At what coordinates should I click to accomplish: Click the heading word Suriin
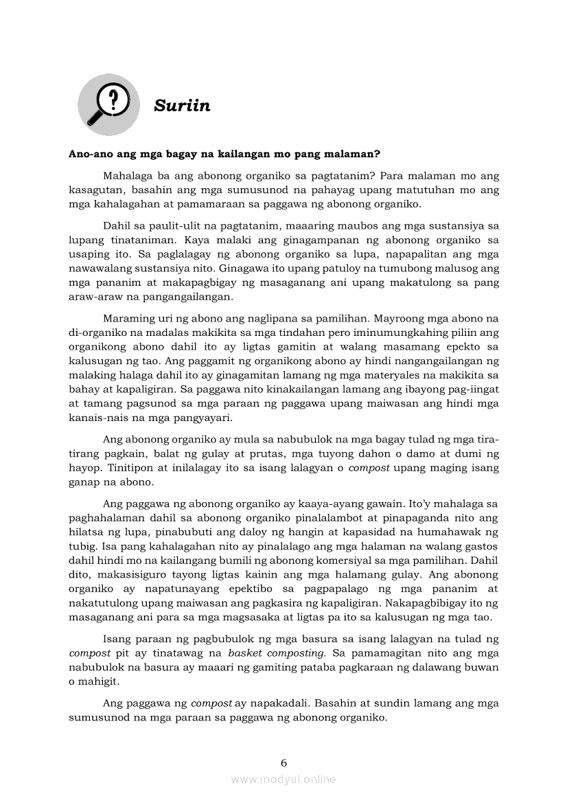182,106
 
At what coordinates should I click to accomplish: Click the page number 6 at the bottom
283,762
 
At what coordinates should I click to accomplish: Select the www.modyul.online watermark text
283,779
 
